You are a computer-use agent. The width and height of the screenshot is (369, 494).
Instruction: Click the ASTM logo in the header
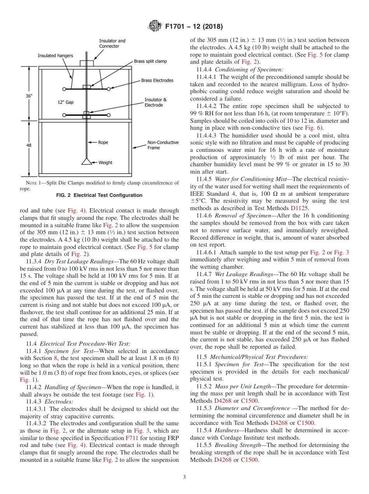click(155, 26)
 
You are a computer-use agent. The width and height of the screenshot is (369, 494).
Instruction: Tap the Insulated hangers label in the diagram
click(55, 56)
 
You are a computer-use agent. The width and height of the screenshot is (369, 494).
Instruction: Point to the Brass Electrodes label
click(157, 80)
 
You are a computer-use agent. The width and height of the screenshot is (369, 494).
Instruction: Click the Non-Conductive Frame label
click(163, 145)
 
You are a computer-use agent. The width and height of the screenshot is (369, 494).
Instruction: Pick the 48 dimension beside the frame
click(29, 145)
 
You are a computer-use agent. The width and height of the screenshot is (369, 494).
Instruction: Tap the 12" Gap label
click(65, 103)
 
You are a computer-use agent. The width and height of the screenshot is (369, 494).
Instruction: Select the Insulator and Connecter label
click(112, 43)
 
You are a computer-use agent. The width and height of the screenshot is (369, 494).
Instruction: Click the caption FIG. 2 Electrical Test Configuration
click(99, 195)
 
